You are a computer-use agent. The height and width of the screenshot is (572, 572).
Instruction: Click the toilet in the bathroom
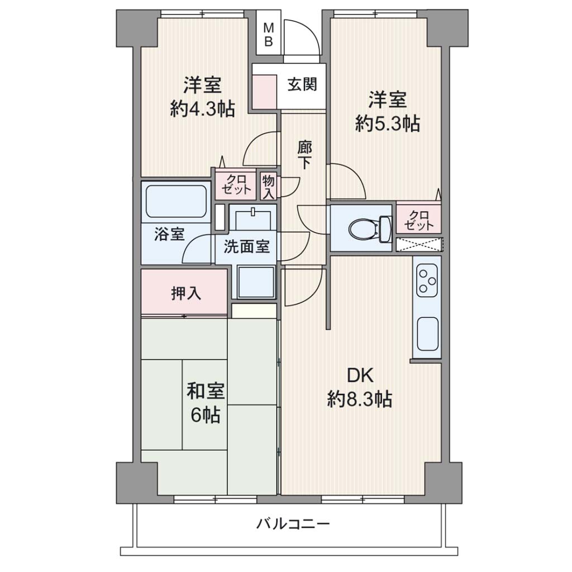coord(370,230)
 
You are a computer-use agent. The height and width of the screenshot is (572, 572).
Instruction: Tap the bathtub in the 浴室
coord(176,202)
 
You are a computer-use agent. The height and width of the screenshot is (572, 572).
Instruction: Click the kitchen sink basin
coord(427,334)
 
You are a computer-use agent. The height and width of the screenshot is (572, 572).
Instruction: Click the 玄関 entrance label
coord(302,85)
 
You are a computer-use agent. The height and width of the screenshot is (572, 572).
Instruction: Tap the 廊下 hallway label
coord(304,155)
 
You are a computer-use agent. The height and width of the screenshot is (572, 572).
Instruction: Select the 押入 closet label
coord(186,293)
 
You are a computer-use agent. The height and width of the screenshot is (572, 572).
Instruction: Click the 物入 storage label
coord(268,187)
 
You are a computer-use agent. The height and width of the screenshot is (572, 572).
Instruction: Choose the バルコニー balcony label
coord(293,525)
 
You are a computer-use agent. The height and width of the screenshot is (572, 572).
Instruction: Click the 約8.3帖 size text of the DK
coord(359,399)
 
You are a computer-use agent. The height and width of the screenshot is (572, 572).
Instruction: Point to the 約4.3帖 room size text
coord(202,109)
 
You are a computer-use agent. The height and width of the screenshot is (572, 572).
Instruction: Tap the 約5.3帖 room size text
coord(388,123)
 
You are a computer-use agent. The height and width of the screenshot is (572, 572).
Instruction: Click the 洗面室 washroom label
coord(246,247)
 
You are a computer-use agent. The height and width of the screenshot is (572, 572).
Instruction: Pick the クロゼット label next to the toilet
coord(419,220)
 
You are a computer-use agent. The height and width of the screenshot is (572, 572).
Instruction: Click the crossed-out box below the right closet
coord(420,245)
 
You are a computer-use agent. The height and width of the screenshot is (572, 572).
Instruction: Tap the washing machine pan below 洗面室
coord(256,283)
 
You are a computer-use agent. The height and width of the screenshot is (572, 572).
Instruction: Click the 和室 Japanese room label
coord(206,391)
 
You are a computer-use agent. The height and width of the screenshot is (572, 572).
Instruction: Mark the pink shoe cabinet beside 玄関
coord(264,91)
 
